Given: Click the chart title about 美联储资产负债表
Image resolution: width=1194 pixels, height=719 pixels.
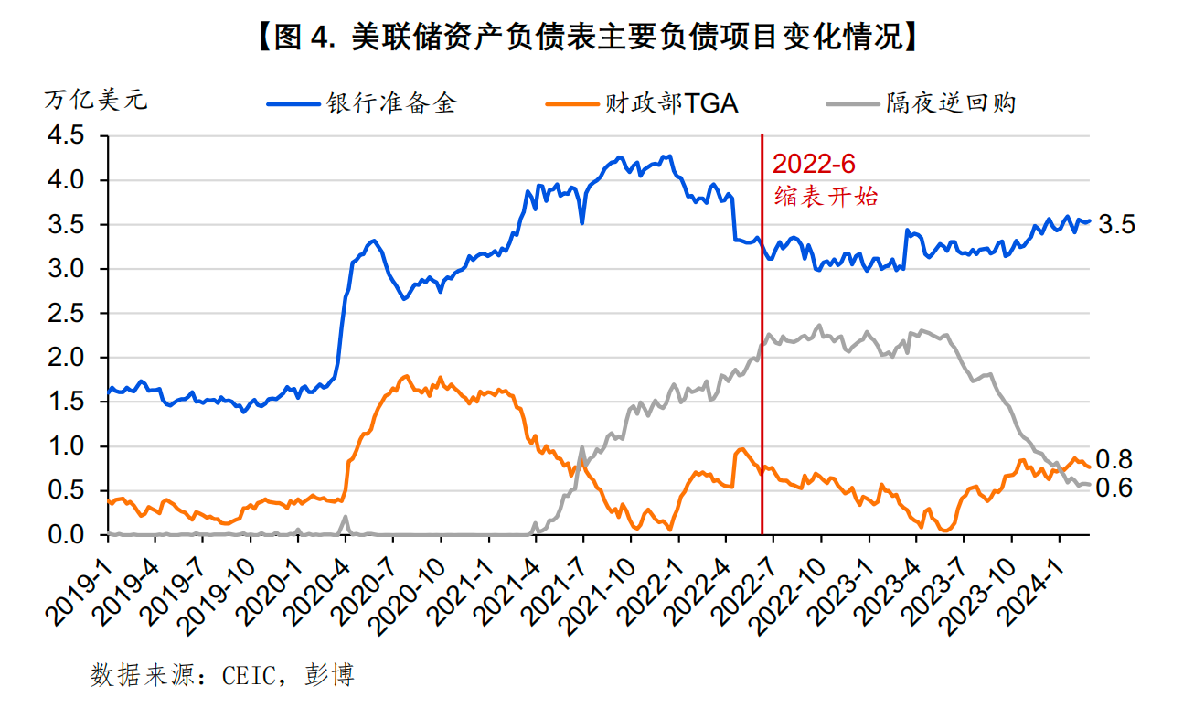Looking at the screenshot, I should [x=584, y=38].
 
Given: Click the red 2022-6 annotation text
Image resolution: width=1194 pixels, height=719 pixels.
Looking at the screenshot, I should [x=813, y=165].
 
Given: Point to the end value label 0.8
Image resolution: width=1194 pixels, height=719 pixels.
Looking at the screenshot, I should [x=1114, y=460].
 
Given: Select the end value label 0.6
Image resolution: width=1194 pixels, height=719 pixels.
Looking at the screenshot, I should [x=1114, y=488].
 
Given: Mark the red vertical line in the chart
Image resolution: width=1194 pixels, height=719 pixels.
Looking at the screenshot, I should [x=762, y=366].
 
